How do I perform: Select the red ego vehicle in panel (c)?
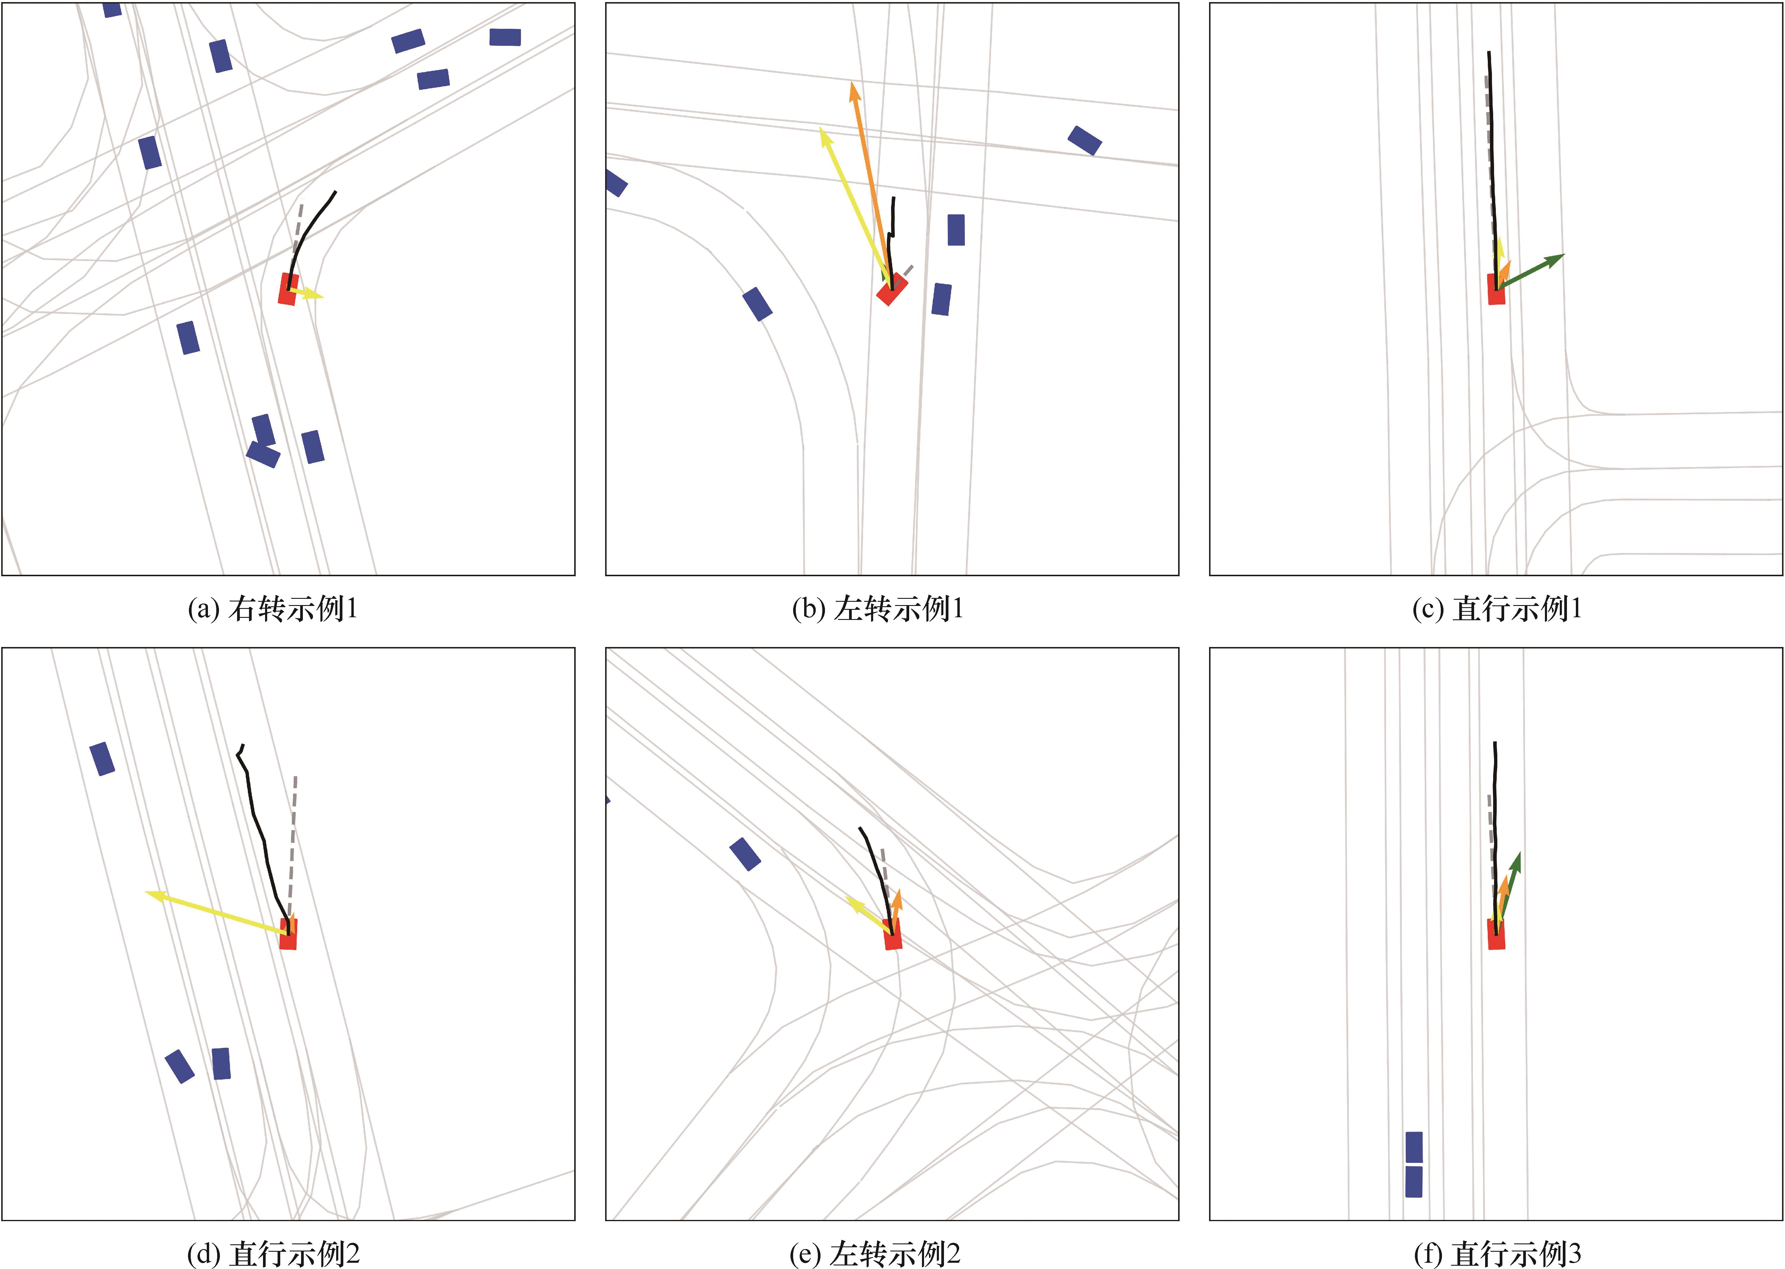pyautogui.click(x=1496, y=289)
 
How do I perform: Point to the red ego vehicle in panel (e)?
pyautogui.click(x=893, y=935)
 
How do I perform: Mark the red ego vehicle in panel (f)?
pyautogui.click(x=1496, y=935)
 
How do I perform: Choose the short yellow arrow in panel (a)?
pyautogui.click(x=306, y=294)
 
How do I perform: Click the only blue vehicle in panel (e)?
pyautogui.click(x=745, y=854)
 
